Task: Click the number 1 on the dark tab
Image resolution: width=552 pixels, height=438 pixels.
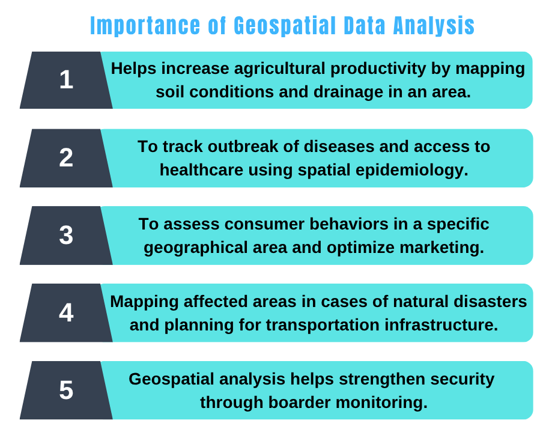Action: point(66,80)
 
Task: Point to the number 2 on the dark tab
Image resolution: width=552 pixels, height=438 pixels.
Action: point(66,157)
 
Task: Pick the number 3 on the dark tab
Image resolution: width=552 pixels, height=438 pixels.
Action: point(66,235)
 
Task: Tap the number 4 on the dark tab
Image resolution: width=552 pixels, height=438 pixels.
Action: point(66,312)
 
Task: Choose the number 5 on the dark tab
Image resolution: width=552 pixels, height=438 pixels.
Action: point(66,390)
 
